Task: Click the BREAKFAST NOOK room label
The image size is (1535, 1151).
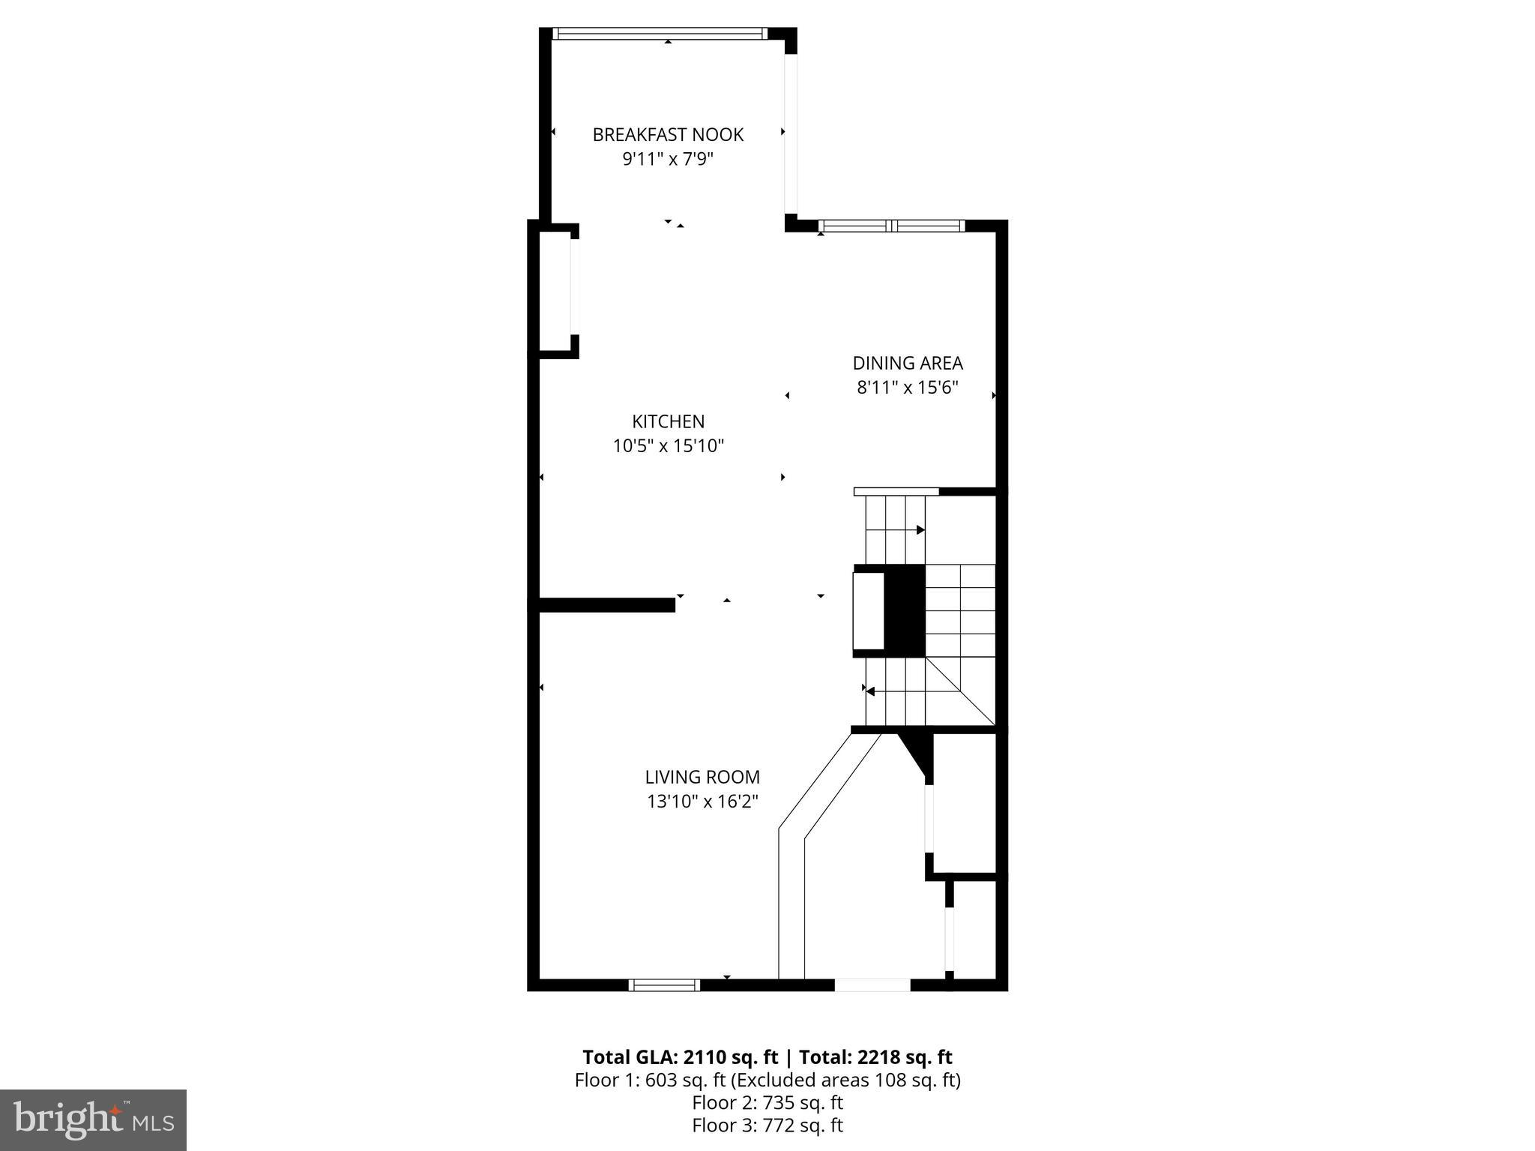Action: pyautogui.click(x=668, y=135)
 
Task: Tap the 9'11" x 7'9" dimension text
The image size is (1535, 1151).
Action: pyautogui.click(x=668, y=160)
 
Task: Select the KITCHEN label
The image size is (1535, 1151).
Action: pyautogui.click(x=668, y=421)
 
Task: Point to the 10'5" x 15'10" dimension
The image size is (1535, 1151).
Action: pyautogui.click(x=668, y=446)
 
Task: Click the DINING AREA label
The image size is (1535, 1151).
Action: pyautogui.click(x=907, y=363)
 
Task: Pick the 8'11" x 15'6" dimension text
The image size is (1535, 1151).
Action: pyautogui.click(x=907, y=388)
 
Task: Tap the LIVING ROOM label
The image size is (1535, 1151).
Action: pyautogui.click(x=702, y=777)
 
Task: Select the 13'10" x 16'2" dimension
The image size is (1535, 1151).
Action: pyautogui.click(x=702, y=802)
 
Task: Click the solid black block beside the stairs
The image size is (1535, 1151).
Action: pyautogui.click(x=905, y=610)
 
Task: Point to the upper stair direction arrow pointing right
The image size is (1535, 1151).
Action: pyautogui.click(x=920, y=529)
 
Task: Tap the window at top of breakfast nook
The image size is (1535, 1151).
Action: pyautogui.click(x=660, y=33)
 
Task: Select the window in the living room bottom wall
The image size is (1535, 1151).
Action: pyautogui.click(x=664, y=985)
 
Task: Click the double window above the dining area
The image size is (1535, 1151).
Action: pyautogui.click(x=891, y=225)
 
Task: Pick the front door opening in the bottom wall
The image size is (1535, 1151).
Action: pyautogui.click(x=872, y=985)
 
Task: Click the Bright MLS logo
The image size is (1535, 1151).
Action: pyautogui.click(x=93, y=1120)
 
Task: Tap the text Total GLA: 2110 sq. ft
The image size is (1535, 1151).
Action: pyautogui.click(x=680, y=1057)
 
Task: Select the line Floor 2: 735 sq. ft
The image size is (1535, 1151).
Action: pyautogui.click(x=767, y=1102)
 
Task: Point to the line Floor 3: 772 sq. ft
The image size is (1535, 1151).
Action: pyautogui.click(x=767, y=1125)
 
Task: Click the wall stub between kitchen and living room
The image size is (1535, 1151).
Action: pyautogui.click(x=607, y=604)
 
